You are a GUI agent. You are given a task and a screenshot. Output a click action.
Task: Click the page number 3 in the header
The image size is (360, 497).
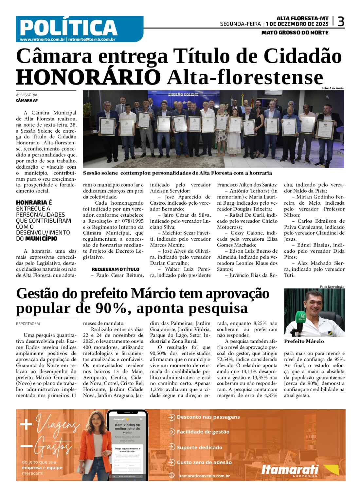point(341,22)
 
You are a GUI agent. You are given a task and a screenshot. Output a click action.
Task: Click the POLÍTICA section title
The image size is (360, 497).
point(68,28)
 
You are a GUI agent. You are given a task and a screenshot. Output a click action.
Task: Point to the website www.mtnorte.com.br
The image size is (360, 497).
point(43,40)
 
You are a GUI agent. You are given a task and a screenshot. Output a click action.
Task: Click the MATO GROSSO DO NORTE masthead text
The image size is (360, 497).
point(295,33)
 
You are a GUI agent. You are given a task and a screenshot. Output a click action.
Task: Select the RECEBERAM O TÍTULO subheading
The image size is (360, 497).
point(116,269)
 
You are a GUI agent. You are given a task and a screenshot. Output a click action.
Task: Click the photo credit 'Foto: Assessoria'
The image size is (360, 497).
point(332,88)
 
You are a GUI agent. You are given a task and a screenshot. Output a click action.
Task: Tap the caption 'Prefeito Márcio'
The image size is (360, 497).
point(304,341)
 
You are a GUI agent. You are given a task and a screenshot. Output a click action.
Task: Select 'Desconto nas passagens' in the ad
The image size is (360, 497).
point(208,417)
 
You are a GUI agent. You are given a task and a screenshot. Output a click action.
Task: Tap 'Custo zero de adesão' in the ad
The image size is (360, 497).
point(204,462)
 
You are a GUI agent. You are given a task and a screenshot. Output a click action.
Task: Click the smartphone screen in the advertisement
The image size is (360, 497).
point(127,445)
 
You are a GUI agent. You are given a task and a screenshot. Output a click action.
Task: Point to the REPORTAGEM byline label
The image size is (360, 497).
point(28,324)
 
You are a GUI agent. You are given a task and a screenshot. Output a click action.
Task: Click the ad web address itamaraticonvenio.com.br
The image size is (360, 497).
point(204,476)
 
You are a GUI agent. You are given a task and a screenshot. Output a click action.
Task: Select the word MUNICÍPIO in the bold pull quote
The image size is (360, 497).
point(41,239)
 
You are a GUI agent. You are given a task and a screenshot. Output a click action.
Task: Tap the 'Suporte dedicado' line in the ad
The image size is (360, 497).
point(199,448)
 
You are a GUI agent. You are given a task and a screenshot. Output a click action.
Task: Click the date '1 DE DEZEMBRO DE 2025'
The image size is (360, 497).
point(297,24)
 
